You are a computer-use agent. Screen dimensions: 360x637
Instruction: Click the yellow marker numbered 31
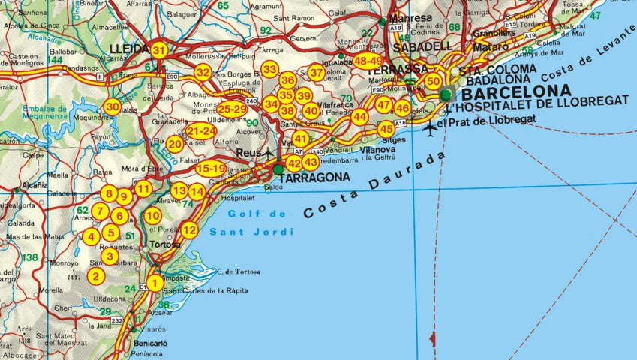[158, 50]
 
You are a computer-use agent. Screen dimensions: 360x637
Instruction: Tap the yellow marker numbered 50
[433, 81]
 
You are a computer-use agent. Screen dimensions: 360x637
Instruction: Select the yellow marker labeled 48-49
[368, 61]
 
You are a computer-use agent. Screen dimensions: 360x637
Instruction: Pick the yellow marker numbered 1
[154, 283]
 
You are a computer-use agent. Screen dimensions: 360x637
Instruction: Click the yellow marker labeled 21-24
[200, 131]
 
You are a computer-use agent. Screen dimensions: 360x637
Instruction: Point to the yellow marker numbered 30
[112, 107]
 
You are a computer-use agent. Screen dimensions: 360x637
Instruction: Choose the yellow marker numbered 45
[386, 128]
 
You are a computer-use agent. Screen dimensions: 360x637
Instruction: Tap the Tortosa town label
[165, 244]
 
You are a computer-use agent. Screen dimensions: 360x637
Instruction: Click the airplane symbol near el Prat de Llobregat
[429, 127]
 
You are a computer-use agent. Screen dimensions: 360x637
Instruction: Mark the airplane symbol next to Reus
[268, 153]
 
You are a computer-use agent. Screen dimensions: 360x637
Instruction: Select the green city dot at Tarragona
[278, 170]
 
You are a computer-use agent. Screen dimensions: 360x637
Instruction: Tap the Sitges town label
[393, 139]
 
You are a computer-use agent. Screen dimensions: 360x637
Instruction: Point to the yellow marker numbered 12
[189, 230]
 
